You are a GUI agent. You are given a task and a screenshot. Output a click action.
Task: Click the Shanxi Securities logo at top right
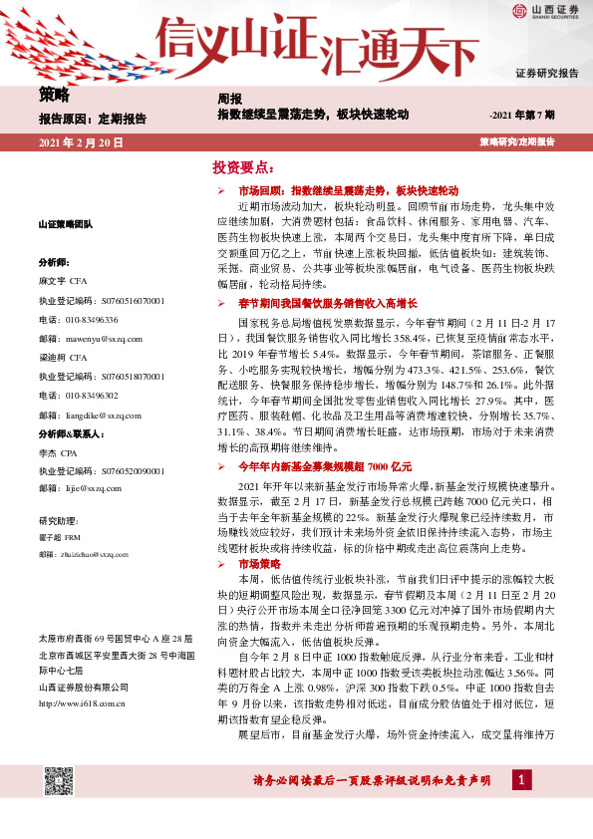tap(546, 11)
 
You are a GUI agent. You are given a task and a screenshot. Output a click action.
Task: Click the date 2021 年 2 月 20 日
tap(81, 143)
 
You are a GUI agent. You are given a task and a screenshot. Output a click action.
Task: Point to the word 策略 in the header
tap(55, 97)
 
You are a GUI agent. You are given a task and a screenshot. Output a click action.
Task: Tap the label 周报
tap(229, 99)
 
